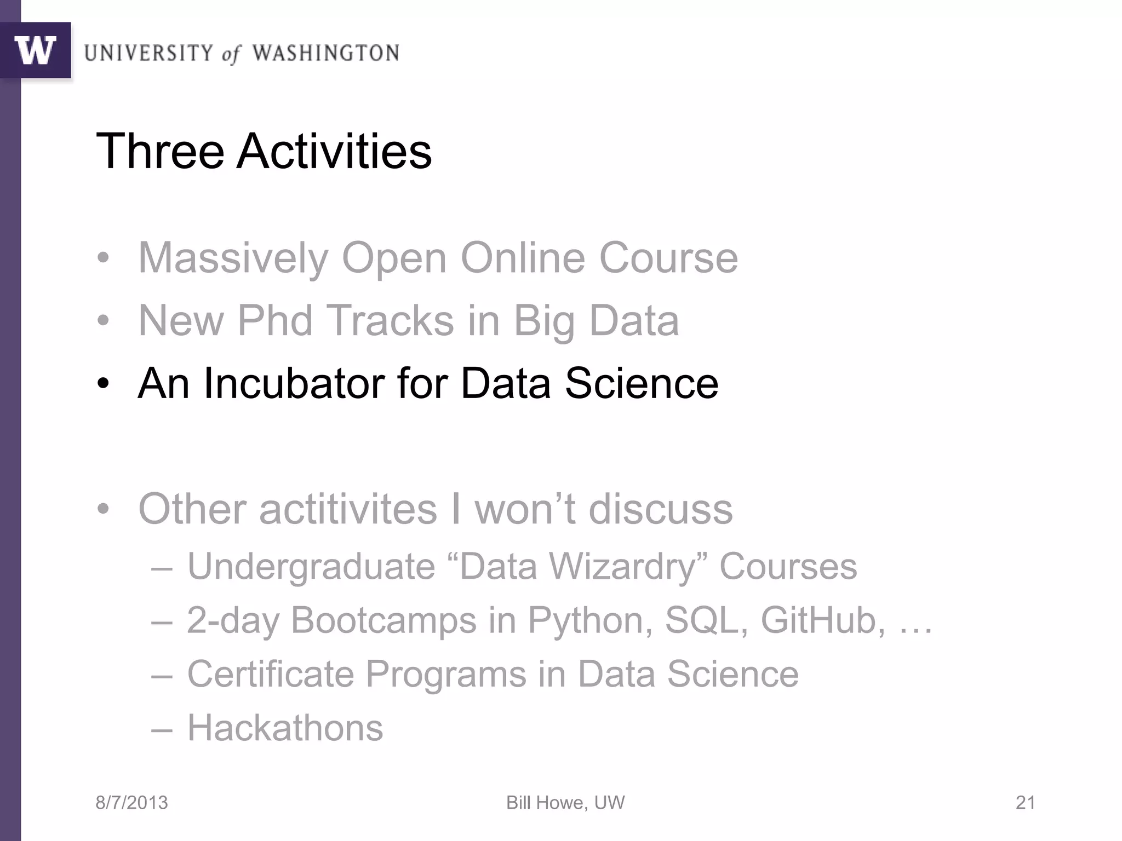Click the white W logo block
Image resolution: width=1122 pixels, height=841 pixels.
pos(35,50)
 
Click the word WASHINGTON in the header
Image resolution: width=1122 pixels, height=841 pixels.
pos(325,53)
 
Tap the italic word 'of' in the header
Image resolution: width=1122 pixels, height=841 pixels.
pos(231,54)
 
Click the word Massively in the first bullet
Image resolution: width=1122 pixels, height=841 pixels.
pos(233,258)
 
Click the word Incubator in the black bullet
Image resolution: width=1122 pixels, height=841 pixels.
pos(294,383)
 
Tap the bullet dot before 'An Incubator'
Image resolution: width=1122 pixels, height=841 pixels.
pos(103,384)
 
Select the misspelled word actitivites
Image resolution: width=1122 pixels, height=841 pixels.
pos(348,509)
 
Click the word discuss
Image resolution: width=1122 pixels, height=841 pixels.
pos(660,509)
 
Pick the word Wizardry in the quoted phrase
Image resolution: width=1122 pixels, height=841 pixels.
pos(622,567)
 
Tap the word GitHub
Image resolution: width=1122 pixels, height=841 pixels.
pos(822,620)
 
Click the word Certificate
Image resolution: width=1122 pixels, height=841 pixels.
pos(271,674)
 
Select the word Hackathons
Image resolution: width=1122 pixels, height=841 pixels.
pos(285,728)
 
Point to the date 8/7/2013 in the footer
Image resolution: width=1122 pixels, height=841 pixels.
pos(131,803)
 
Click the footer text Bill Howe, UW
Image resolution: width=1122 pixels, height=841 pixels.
pos(565,803)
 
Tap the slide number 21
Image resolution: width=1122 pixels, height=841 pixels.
pos(1025,803)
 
